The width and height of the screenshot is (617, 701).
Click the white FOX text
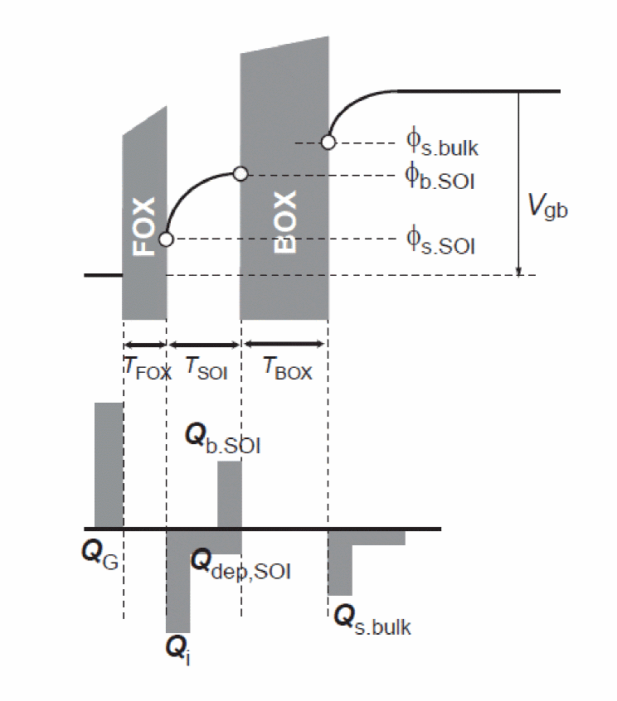tap(144, 226)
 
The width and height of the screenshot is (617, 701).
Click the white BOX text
tap(284, 222)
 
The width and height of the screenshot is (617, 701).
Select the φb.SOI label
tap(440, 178)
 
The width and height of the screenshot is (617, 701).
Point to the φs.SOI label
tap(440, 241)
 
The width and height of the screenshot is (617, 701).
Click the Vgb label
tap(548, 208)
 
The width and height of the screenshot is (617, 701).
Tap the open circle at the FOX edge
tap(166, 239)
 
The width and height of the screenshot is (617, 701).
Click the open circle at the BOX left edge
tap(240, 174)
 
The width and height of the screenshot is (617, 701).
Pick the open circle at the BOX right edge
tap(328, 142)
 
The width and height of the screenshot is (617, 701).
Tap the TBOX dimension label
tap(287, 370)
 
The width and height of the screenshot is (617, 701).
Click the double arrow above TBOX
tap(284, 343)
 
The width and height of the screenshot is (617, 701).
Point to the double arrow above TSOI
tap(203, 343)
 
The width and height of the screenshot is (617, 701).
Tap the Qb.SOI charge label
tap(225, 440)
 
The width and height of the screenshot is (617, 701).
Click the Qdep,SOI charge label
tap(240, 565)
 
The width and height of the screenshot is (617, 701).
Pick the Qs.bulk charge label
tap(372, 619)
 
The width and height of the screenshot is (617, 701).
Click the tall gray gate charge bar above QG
tap(108, 464)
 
